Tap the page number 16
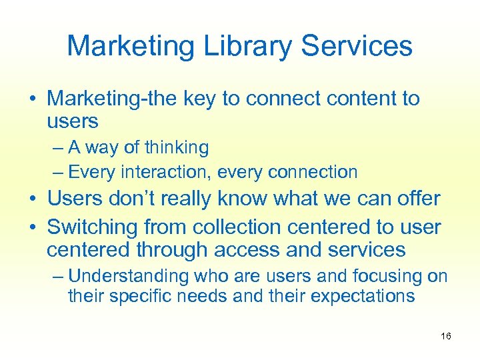click(446, 336)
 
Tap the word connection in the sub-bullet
click(313, 172)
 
